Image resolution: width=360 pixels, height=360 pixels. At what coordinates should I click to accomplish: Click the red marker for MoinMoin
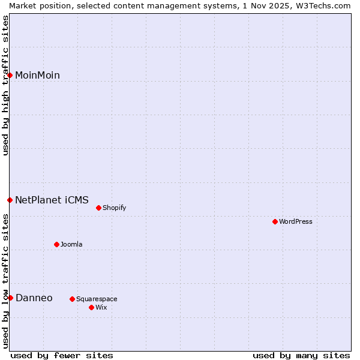tap(10, 75)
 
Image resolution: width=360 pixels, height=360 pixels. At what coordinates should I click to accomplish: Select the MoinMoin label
tap(37, 76)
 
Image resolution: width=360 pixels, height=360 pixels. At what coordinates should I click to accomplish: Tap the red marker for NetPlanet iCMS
tap(10, 200)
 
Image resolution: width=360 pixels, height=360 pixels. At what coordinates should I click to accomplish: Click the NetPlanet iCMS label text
tap(52, 200)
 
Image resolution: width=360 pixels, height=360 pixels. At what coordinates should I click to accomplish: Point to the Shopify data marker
tap(98, 208)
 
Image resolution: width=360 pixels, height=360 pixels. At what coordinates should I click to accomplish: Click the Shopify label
tap(114, 208)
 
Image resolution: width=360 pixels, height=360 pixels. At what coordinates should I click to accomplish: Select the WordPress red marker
tap(275, 222)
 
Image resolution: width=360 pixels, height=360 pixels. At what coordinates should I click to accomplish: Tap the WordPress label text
tap(295, 222)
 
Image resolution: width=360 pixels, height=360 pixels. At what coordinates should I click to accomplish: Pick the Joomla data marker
tap(56, 245)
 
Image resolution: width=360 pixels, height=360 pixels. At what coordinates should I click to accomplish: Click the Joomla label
tap(71, 245)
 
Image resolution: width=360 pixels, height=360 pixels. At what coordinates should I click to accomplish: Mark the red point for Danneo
tap(10, 298)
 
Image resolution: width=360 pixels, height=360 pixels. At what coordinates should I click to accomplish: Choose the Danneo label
tap(34, 298)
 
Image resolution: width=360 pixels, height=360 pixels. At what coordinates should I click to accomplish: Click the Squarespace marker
tap(72, 299)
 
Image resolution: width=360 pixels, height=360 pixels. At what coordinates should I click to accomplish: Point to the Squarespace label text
tap(97, 299)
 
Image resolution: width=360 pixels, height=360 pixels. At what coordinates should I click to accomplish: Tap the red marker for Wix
tap(91, 308)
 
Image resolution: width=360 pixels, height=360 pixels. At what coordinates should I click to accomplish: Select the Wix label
tap(101, 308)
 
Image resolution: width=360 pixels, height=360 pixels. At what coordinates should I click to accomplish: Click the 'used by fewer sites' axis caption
tap(61, 356)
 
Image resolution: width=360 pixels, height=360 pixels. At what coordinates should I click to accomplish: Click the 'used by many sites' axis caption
tap(301, 356)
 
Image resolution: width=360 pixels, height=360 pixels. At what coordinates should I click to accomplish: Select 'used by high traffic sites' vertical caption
tap(5, 85)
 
